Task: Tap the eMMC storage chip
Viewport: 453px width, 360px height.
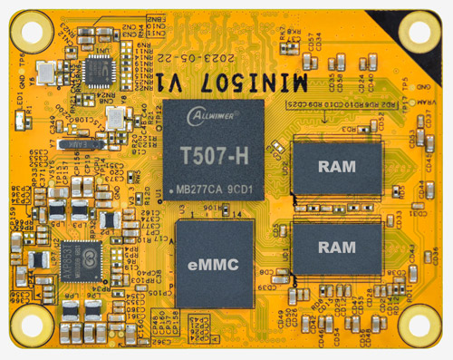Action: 213,264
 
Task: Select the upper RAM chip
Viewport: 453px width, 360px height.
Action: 336,165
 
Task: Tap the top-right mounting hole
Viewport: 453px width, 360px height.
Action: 419,31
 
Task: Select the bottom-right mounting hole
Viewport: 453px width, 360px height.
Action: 419,324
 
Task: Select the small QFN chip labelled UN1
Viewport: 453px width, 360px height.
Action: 97,66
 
